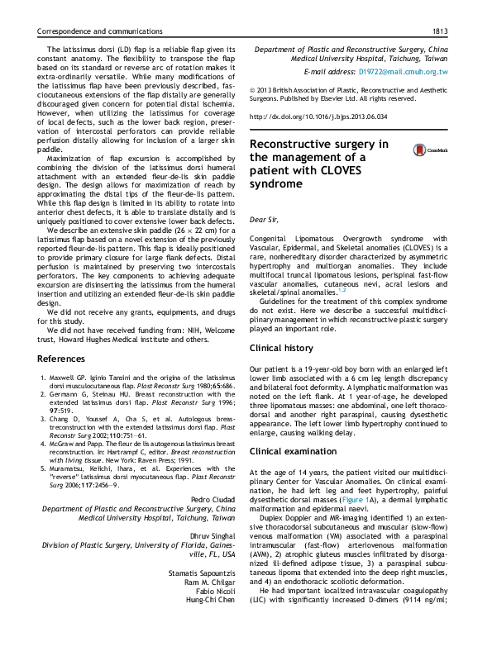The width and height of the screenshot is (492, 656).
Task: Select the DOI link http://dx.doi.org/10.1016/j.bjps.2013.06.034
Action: click(318, 117)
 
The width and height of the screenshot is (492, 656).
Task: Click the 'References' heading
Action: click(66, 359)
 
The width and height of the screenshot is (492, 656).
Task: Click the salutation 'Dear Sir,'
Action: click(265, 221)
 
